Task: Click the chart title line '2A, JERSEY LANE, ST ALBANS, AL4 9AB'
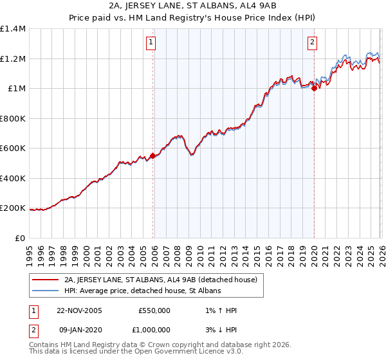tap(192, 7)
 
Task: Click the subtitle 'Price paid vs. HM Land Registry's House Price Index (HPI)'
tap(192, 19)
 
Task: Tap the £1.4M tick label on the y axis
tap(13, 29)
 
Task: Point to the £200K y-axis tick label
tap(13, 208)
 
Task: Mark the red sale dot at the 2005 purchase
tap(152, 155)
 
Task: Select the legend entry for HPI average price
tap(142, 291)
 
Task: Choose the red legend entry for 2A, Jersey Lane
tap(160, 280)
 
